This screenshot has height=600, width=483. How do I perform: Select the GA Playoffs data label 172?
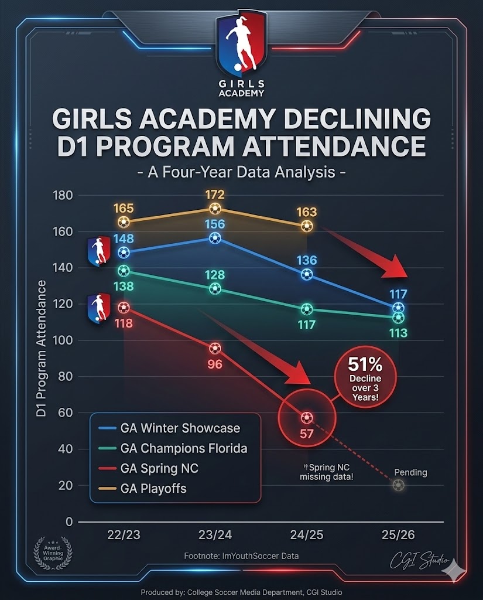215,195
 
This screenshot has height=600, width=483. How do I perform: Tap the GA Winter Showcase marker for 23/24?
215,238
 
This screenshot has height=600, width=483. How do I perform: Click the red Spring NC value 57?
307,434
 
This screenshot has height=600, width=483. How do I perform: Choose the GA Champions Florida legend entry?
183,448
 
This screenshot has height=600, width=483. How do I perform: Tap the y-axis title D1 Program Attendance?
42,349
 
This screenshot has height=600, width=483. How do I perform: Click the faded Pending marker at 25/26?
398,485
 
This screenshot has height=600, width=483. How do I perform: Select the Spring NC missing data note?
324,472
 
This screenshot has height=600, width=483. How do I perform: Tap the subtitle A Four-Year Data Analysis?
241,173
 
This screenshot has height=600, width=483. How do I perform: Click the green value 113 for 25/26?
398,333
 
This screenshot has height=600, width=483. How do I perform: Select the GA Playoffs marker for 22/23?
124,222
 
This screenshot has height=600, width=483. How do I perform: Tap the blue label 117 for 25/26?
398,295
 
